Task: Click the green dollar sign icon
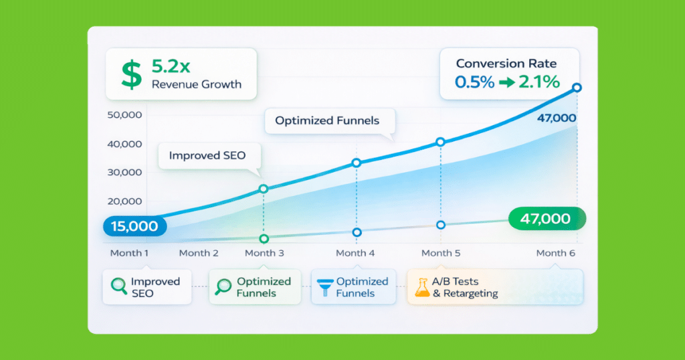tap(132, 75)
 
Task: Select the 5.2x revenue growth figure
tap(171, 66)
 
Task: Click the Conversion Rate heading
tap(506, 64)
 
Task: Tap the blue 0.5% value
tap(474, 82)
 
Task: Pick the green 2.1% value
tap(539, 82)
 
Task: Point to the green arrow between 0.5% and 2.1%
tap(507, 82)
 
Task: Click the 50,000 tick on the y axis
tap(124, 115)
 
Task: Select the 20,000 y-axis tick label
tap(124, 201)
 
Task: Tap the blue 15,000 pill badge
tap(134, 226)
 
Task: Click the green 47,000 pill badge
tap(547, 218)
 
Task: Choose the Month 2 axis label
tap(199, 253)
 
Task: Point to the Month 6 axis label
tap(556, 253)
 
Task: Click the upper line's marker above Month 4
tap(357, 163)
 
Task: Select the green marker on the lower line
tap(264, 238)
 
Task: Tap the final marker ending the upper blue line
tap(577, 88)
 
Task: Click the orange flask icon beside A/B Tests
tap(422, 287)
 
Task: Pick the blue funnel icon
tap(325, 287)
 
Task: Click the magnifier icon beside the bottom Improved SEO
tap(119, 286)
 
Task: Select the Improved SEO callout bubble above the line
tap(209, 156)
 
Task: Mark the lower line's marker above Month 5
tap(441, 225)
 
